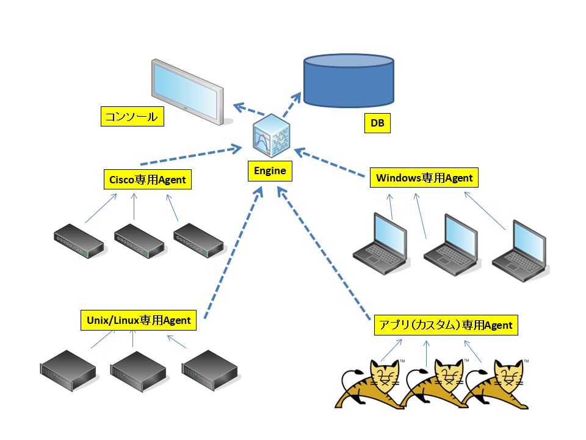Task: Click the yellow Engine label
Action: click(270, 171)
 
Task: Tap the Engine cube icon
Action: click(271, 136)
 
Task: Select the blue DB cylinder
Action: click(349, 81)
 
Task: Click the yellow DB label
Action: click(377, 123)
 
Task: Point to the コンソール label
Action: click(132, 116)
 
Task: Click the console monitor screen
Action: click(187, 91)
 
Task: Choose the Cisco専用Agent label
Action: click(148, 180)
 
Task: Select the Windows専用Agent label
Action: click(424, 178)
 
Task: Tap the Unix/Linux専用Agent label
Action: click(139, 320)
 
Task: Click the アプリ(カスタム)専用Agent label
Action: click(446, 325)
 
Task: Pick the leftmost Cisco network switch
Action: click(79, 241)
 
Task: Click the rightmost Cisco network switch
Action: click(198, 241)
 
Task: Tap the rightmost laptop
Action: click(520, 251)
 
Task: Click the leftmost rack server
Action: click(68, 371)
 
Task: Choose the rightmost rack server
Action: click(209, 371)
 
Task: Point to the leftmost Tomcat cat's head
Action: click(385, 374)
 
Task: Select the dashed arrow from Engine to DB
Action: click(292, 105)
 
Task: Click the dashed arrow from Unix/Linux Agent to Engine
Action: click(234, 253)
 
